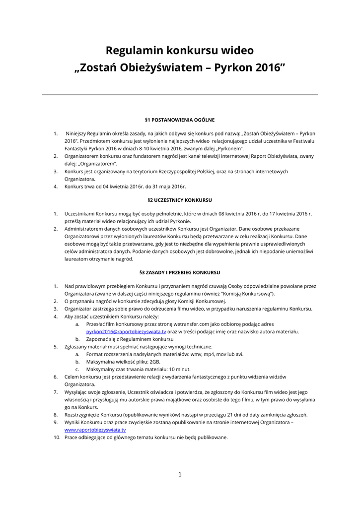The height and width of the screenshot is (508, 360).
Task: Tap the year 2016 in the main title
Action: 268,67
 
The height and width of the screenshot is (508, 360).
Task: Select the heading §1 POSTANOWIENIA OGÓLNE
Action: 180,120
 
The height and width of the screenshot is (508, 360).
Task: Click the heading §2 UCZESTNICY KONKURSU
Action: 180,200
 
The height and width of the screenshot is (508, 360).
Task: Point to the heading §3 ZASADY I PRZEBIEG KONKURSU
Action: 180,272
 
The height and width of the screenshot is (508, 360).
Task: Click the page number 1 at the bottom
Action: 180,474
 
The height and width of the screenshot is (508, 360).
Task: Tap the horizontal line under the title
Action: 180,94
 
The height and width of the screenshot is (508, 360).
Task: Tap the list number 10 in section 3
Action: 57,437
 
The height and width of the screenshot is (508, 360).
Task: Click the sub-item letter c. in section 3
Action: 77,369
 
